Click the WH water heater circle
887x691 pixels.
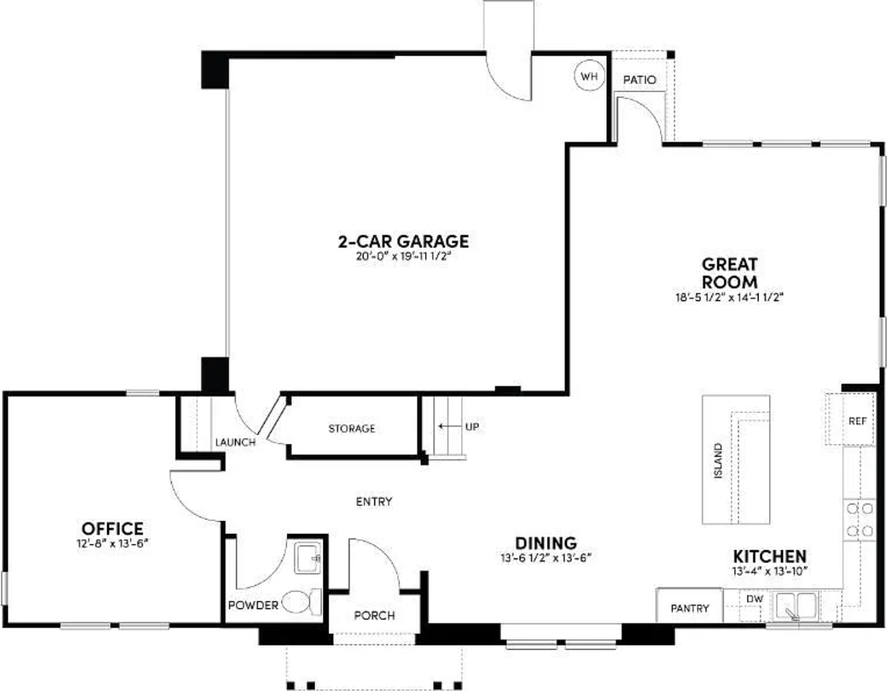[x=589, y=76]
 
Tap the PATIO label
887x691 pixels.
[x=640, y=79]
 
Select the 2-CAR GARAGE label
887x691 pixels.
[x=403, y=241]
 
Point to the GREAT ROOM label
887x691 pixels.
[x=729, y=273]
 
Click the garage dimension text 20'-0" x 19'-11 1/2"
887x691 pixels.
[x=402, y=256]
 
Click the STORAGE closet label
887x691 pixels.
[x=352, y=429]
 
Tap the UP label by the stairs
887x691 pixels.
[x=472, y=427]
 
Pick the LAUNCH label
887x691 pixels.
[x=235, y=442]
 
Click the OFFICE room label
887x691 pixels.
[x=112, y=529]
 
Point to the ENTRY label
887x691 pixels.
[x=374, y=502]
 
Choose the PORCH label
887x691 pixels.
[x=374, y=615]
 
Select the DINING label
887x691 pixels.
[x=546, y=543]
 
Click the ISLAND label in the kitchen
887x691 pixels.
[x=718, y=461]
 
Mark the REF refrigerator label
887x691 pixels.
[x=858, y=422]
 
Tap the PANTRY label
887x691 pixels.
[x=689, y=609]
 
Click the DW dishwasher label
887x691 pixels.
[x=755, y=599]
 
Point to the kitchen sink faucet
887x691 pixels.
[x=791, y=613]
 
